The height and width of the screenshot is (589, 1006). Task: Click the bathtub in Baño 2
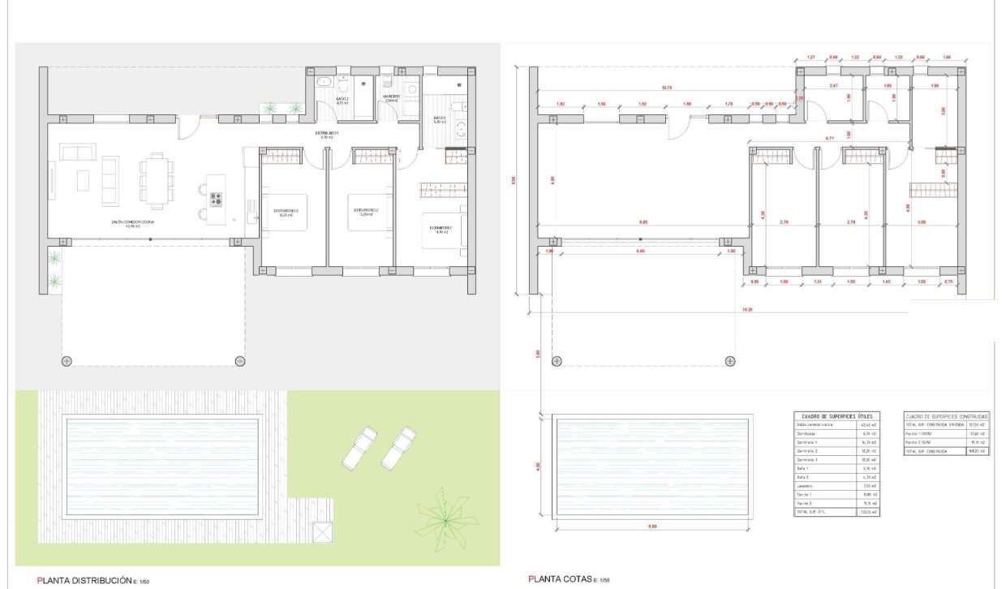point(322,82)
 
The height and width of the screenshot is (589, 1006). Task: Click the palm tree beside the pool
point(445,513)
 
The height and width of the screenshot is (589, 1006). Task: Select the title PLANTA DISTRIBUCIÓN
point(84,580)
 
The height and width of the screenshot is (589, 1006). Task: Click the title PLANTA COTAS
point(561,579)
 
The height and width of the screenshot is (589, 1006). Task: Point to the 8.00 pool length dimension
point(652,528)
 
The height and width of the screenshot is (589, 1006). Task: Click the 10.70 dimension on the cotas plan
point(667,88)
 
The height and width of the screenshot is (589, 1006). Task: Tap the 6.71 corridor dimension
point(829,139)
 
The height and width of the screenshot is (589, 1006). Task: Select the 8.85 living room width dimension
point(643,221)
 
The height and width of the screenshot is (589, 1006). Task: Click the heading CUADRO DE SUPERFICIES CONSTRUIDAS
point(947,415)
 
